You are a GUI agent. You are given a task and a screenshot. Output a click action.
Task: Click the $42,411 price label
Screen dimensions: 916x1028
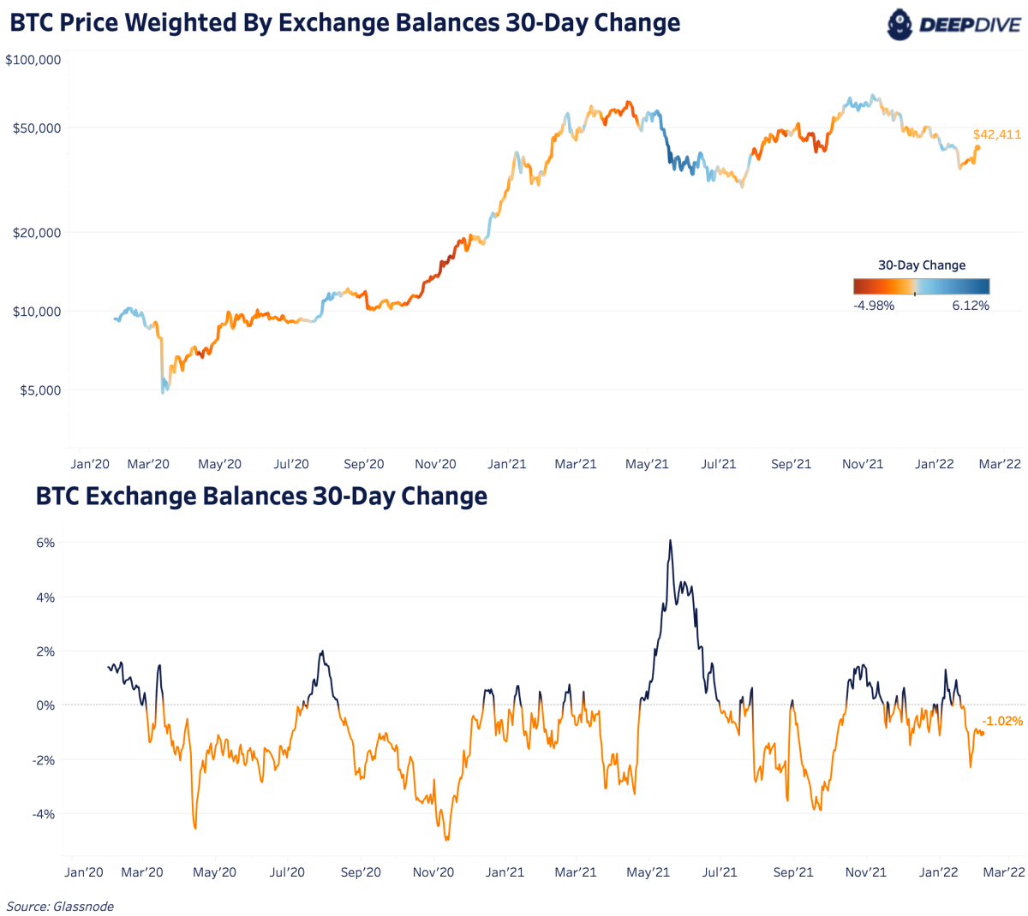pyautogui.click(x=996, y=134)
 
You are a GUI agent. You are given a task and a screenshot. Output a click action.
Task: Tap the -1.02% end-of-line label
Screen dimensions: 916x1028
pyautogui.click(x=1001, y=721)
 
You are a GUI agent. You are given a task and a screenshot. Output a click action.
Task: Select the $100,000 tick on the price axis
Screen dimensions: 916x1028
pyautogui.click(x=33, y=60)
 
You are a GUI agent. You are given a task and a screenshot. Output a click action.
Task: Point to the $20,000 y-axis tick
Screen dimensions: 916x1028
pyautogui.click(x=37, y=232)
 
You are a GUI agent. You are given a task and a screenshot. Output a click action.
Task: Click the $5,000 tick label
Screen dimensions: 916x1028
pyautogui.click(x=40, y=390)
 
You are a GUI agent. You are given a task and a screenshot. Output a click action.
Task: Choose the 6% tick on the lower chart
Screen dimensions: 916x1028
pyautogui.click(x=45, y=543)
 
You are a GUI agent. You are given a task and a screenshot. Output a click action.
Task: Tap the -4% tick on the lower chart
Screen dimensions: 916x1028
pyautogui.click(x=44, y=814)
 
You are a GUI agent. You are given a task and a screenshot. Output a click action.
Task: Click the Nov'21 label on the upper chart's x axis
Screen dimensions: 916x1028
pyautogui.click(x=862, y=464)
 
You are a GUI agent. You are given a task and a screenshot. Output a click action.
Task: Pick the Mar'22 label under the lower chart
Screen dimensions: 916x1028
pyautogui.click(x=1003, y=872)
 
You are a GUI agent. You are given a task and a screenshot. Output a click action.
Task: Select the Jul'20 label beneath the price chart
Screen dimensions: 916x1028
pyautogui.click(x=291, y=464)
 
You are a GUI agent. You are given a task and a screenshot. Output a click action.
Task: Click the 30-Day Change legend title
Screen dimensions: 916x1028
pyautogui.click(x=922, y=265)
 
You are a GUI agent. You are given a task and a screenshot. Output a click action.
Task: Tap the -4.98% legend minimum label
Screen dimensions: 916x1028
pyautogui.click(x=874, y=306)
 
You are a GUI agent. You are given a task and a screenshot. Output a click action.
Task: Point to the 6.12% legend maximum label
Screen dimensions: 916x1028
pyautogui.click(x=971, y=306)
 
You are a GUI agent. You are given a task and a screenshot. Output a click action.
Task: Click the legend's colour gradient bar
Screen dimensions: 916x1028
pyautogui.click(x=921, y=287)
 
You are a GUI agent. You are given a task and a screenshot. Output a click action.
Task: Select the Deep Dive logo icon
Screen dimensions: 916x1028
pyautogui.click(x=900, y=23)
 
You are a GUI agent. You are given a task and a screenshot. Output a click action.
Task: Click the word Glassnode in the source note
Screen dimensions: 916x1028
pyautogui.click(x=83, y=906)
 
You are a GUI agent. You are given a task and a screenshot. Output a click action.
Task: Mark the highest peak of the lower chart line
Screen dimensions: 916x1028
pyautogui.click(x=670, y=540)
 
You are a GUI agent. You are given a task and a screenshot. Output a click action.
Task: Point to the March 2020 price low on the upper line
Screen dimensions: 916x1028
pyautogui.click(x=164, y=391)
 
